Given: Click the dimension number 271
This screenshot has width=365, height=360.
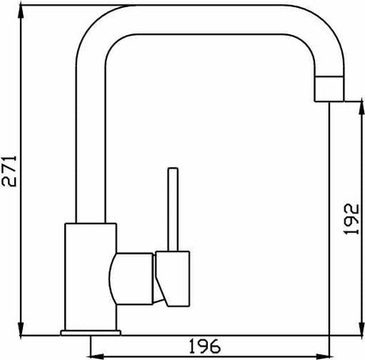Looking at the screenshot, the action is (9, 171).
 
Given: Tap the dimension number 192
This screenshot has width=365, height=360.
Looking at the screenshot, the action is (352, 219).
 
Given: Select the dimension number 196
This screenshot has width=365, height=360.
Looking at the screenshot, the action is (205, 347).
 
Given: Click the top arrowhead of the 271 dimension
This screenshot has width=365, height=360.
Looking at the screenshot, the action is (21, 12).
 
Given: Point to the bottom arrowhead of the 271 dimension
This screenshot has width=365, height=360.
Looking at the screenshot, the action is (21, 329).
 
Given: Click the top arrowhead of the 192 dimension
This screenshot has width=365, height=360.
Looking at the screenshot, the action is (361, 108).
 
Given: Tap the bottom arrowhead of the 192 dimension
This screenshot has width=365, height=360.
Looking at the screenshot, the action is (361, 329).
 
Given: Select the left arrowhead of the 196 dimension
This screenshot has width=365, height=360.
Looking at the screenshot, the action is (98, 357).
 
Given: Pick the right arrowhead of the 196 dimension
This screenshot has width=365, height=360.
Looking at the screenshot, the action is (323, 357).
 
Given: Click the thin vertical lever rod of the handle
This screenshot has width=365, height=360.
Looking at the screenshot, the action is (173, 209).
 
